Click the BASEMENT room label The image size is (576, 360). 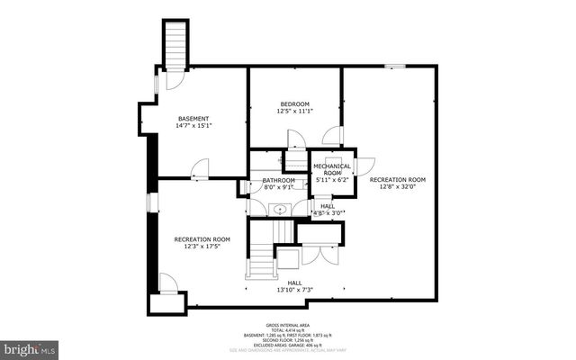click(x=193, y=119)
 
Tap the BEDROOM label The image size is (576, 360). click(x=294, y=103)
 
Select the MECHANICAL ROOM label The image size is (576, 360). click(x=333, y=168)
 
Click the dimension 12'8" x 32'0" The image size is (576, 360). click(x=397, y=187)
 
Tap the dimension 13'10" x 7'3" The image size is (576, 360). click(x=294, y=290)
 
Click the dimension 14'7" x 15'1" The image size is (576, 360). click(x=193, y=127)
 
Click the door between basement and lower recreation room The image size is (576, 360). click(x=200, y=168)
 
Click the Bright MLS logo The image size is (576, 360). click(x=28, y=346)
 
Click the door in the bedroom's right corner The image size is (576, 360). click(x=332, y=136)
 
